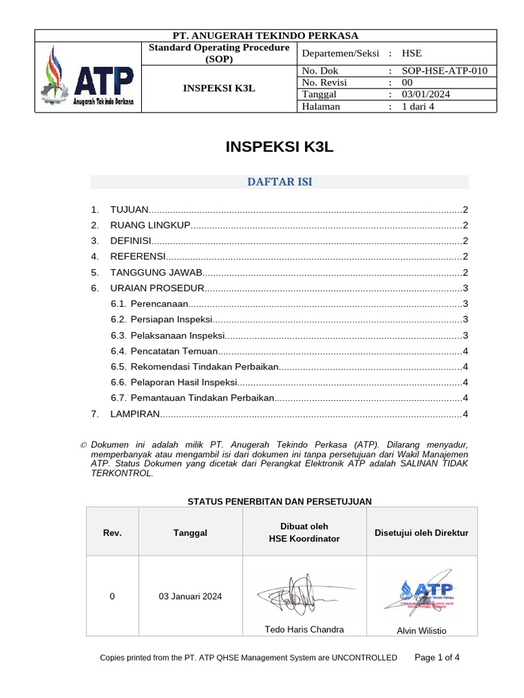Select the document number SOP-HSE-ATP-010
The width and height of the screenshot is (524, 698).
(444, 70)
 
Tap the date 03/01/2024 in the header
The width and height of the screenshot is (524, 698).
(426, 94)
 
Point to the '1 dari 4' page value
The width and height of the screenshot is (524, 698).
(418, 106)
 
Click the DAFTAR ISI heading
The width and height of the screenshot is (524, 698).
(280, 181)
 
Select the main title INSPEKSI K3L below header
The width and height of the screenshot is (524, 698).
(280, 147)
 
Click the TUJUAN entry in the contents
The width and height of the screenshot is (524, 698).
(129, 210)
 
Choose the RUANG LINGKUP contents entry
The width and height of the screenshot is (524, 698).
(149, 226)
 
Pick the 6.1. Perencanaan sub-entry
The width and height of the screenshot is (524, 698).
(149, 304)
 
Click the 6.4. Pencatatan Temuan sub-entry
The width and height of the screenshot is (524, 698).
(164, 351)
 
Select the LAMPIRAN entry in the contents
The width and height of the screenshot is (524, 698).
(134, 414)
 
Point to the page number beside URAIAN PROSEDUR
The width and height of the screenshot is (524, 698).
(465, 288)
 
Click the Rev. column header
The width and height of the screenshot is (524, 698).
(112, 532)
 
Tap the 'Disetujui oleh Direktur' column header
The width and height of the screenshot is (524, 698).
(421, 532)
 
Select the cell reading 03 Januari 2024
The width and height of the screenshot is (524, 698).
(190, 596)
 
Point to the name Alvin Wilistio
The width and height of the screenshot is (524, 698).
(421, 631)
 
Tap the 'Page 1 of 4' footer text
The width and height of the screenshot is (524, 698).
(437, 657)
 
